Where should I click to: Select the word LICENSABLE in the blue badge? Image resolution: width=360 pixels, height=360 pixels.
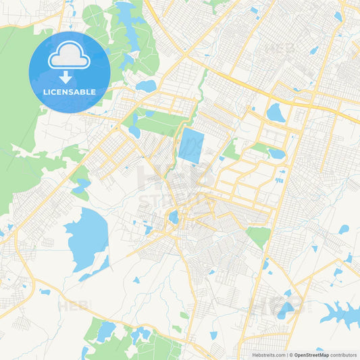pyautogui.click(x=69, y=92)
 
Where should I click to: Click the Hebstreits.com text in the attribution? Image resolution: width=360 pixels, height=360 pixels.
pyautogui.click(x=267, y=354)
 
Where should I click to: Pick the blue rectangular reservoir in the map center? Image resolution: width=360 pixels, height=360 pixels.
pyautogui.click(x=190, y=146)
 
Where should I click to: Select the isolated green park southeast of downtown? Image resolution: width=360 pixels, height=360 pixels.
pyautogui.click(x=258, y=236)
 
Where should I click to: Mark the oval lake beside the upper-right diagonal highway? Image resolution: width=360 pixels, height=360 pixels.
pyautogui.click(x=276, y=112)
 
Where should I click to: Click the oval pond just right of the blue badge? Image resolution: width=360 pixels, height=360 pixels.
pyautogui.click(x=145, y=86)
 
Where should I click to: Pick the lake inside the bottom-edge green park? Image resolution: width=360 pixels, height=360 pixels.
pyautogui.click(x=106, y=331)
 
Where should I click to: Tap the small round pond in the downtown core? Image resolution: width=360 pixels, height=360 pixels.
pyautogui.click(x=174, y=217)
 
